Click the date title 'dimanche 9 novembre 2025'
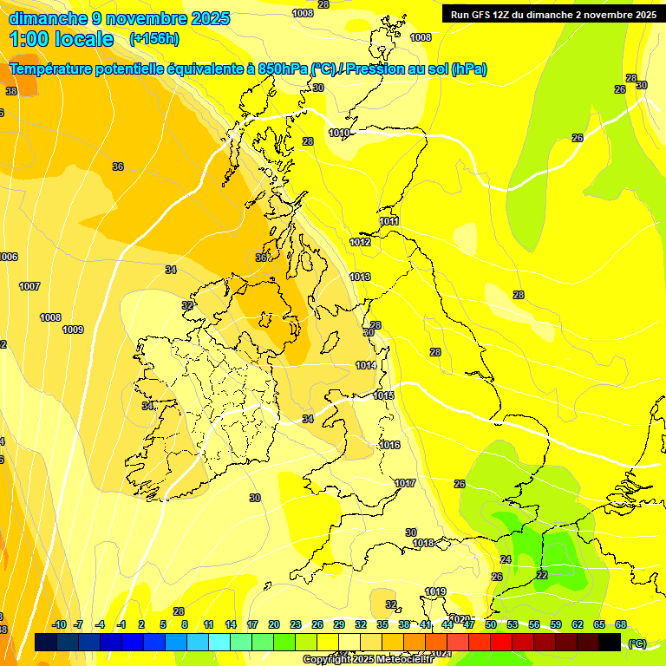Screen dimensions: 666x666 tap(119, 17)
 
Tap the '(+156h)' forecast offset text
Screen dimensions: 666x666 tap(153, 39)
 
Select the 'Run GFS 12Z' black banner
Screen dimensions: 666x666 tap(553, 15)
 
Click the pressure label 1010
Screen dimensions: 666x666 tap(339, 133)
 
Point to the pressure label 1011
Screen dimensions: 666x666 tap(389, 222)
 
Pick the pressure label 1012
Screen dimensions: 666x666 tap(360, 242)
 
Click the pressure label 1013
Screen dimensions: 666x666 tap(360, 277)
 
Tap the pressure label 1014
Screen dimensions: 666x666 tap(366, 365)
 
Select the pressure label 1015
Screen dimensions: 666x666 tap(383, 395)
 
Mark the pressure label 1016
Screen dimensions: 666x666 tap(389, 445)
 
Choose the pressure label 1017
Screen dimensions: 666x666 tap(405, 483)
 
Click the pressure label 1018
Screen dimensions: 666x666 tap(423, 543)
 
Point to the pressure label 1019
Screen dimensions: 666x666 tap(435, 591)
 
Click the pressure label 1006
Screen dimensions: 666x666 tap(8, 257)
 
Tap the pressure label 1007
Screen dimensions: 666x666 tap(29, 286)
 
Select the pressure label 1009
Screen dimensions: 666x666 tap(73, 330)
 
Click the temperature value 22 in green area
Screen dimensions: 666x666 tap(542, 575)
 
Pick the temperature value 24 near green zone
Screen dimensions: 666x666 tap(506, 559)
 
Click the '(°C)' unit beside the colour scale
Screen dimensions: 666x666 tap(637, 643)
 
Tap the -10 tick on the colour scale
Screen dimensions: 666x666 tap(59, 624)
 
